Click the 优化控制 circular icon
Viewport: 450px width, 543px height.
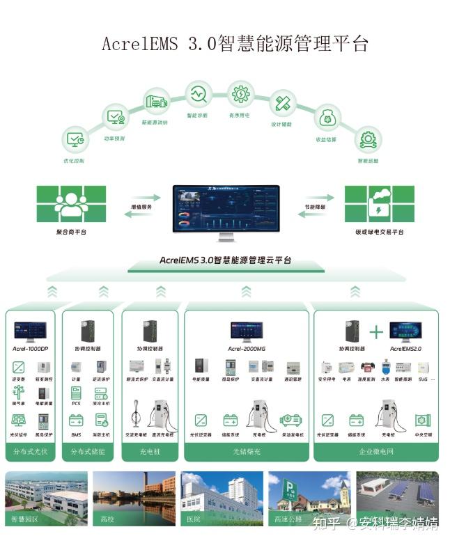point(75,140)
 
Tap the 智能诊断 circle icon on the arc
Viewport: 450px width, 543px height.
point(199,93)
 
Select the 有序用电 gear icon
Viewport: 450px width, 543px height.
point(241,94)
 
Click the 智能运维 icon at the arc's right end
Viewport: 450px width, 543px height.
point(367,140)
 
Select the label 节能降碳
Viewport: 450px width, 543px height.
point(314,207)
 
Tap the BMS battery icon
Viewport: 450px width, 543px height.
point(76,420)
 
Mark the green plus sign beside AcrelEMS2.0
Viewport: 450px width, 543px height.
point(376,331)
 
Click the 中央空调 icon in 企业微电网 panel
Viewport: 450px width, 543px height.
point(422,420)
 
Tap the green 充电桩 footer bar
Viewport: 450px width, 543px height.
point(151,452)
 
